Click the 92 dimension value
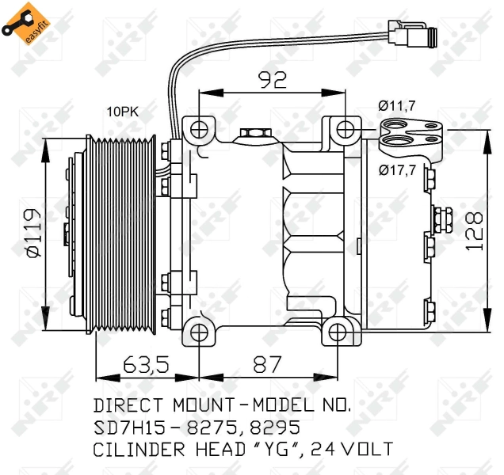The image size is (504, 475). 273,80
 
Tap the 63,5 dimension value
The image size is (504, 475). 147,364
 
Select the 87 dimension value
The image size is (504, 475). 267,364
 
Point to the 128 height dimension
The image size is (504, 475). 475,231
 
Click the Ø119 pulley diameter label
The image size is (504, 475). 34,233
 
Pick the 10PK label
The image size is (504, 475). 123,112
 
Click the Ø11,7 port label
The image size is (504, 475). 397,105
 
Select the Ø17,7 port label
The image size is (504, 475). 397,170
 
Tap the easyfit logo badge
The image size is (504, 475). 25,23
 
